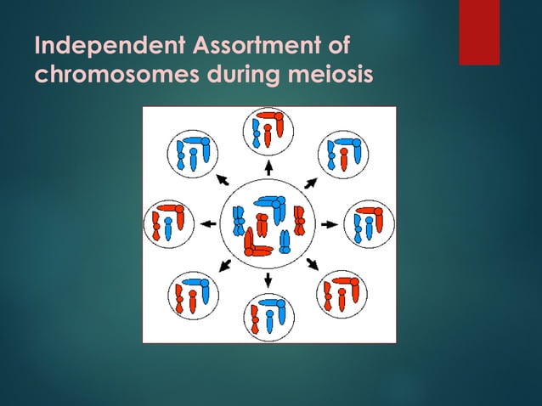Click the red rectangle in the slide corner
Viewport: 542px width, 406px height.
479,32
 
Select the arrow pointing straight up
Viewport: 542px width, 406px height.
268,166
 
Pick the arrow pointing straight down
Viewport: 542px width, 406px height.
268,279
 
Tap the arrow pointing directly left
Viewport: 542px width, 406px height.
207,224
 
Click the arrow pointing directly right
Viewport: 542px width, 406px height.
330,224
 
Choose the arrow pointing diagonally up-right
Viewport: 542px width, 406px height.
311,182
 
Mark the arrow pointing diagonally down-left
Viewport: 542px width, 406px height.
226,266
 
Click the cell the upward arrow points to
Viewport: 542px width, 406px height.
268,131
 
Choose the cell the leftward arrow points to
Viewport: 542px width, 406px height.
168,224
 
